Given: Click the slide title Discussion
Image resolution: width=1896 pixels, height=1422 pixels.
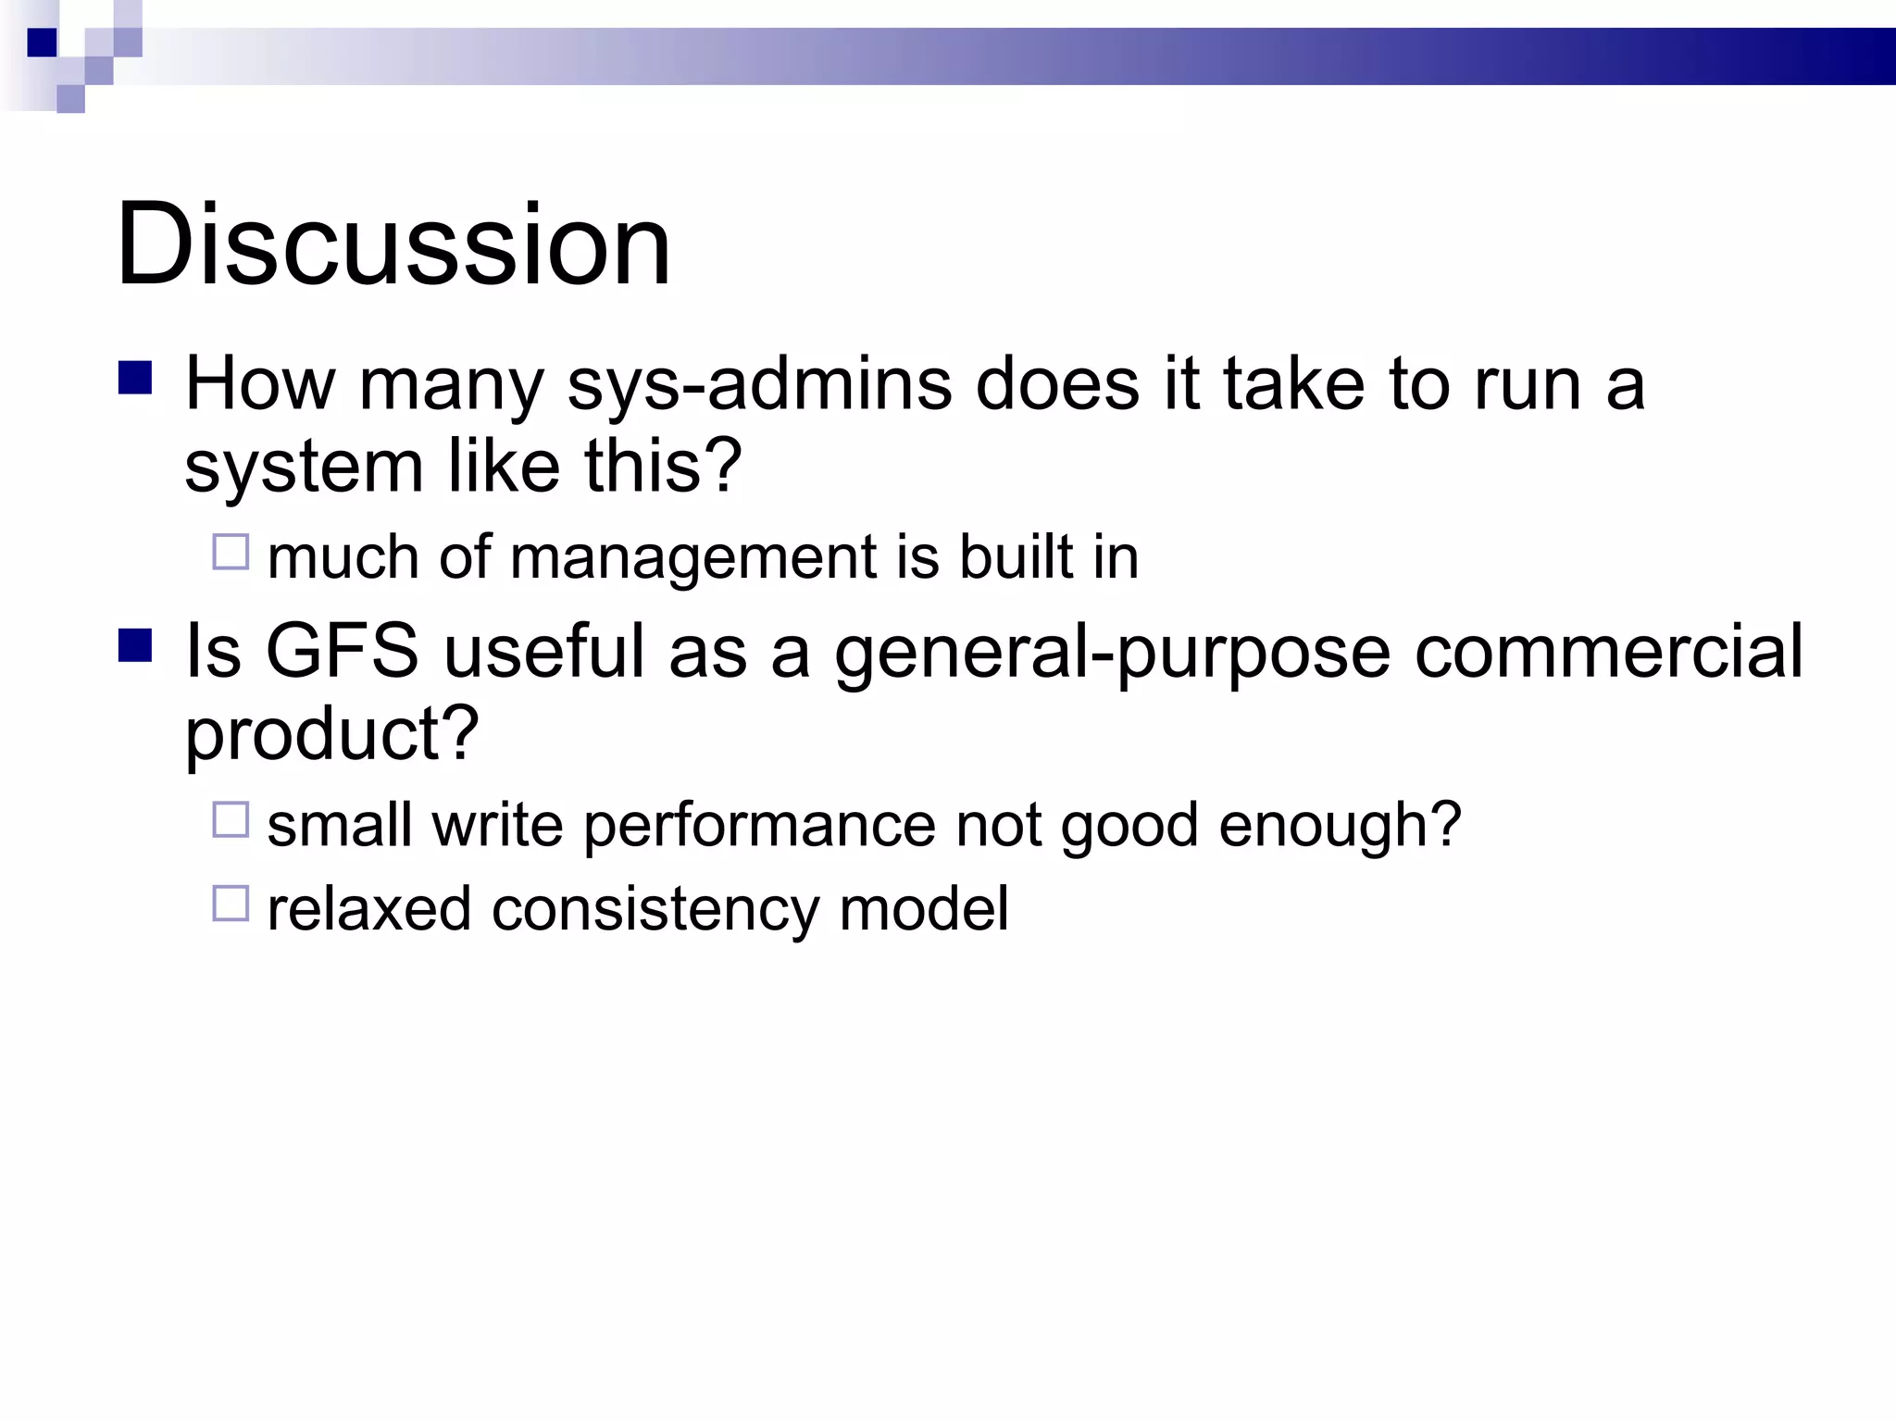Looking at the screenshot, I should [x=393, y=245].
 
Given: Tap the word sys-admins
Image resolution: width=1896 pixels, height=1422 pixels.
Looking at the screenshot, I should [x=759, y=384].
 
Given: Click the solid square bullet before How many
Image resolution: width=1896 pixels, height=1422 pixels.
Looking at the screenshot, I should [x=135, y=378].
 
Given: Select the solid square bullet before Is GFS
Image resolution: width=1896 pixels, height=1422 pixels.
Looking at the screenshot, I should [x=135, y=645].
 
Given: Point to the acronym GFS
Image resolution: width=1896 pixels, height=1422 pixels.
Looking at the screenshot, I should [x=342, y=651].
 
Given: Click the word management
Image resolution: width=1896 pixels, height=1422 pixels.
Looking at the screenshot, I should [x=692, y=557].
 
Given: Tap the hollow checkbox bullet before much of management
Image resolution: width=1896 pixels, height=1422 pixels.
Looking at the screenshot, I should [x=231, y=552].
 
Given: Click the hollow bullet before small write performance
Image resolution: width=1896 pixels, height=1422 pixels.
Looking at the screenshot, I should [x=231, y=819].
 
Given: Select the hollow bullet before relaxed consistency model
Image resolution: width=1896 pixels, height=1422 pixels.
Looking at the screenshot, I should [x=231, y=904].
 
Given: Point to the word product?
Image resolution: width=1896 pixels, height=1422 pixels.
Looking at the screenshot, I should [x=331, y=733].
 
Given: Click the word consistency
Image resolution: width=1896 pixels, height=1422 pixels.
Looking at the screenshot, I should [x=655, y=909].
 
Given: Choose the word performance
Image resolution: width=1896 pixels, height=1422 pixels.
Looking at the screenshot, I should [x=759, y=825].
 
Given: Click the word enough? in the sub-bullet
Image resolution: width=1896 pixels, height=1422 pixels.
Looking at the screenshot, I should [x=1340, y=825].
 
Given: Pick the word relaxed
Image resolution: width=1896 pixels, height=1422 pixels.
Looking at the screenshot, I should [x=368, y=909].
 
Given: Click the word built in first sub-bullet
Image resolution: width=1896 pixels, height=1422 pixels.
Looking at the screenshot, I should [x=1016, y=557].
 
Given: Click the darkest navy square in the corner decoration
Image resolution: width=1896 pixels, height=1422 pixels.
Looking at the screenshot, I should [x=42, y=43].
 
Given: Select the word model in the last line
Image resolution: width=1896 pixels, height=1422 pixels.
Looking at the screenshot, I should [x=923, y=909].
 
